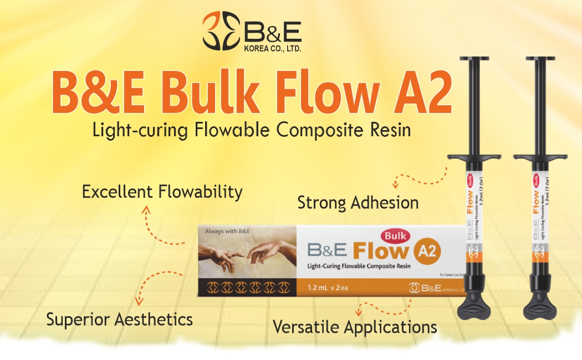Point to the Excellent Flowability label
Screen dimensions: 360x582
162,192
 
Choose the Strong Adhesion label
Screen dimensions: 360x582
358,203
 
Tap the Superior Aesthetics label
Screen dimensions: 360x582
119,319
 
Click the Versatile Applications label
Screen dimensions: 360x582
355,327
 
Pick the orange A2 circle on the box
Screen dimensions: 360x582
427,253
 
